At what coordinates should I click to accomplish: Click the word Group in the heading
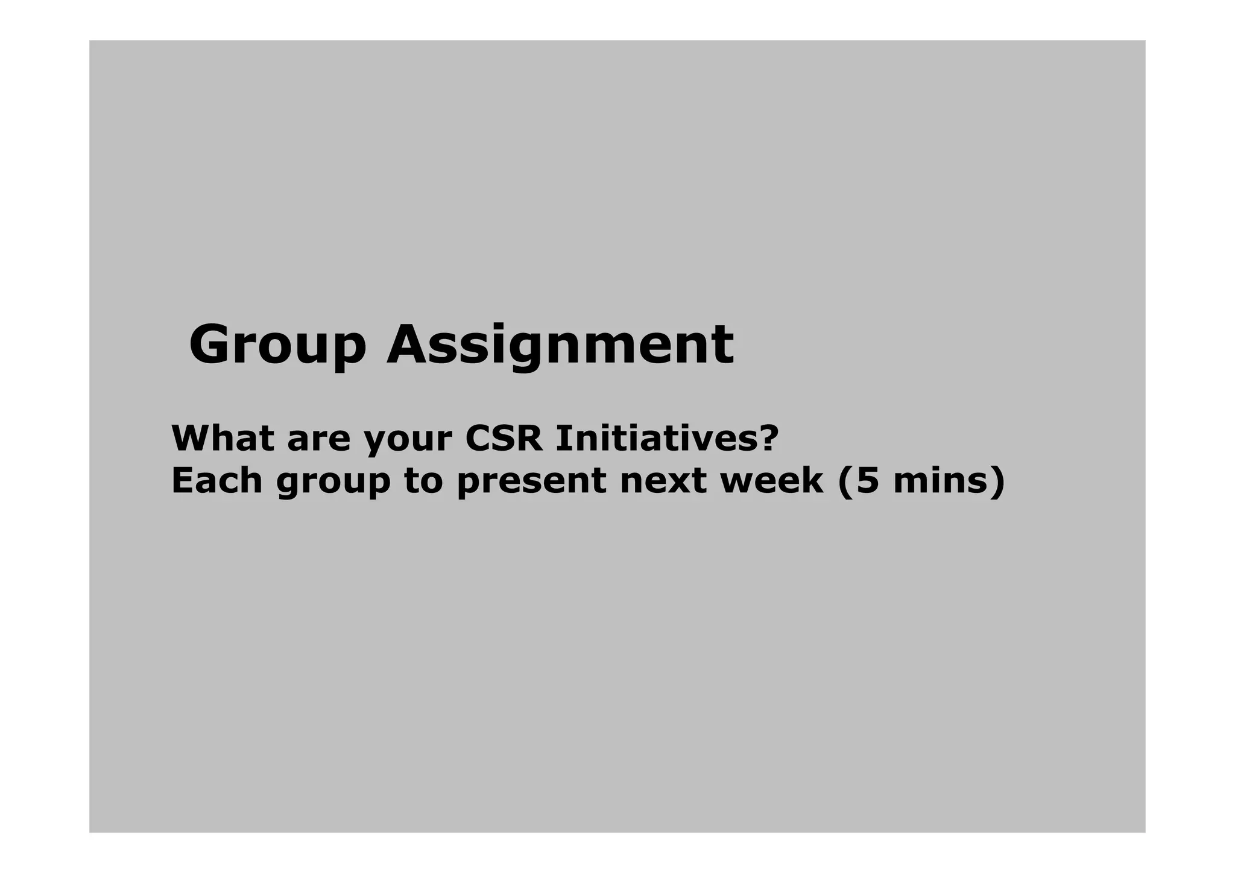click(x=277, y=345)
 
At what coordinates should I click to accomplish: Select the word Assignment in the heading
click(x=560, y=345)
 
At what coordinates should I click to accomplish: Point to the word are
click(x=318, y=439)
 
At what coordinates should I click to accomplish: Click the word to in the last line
click(x=423, y=481)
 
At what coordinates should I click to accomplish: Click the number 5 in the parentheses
click(x=868, y=481)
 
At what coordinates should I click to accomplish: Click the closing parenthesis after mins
click(x=998, y=481)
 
